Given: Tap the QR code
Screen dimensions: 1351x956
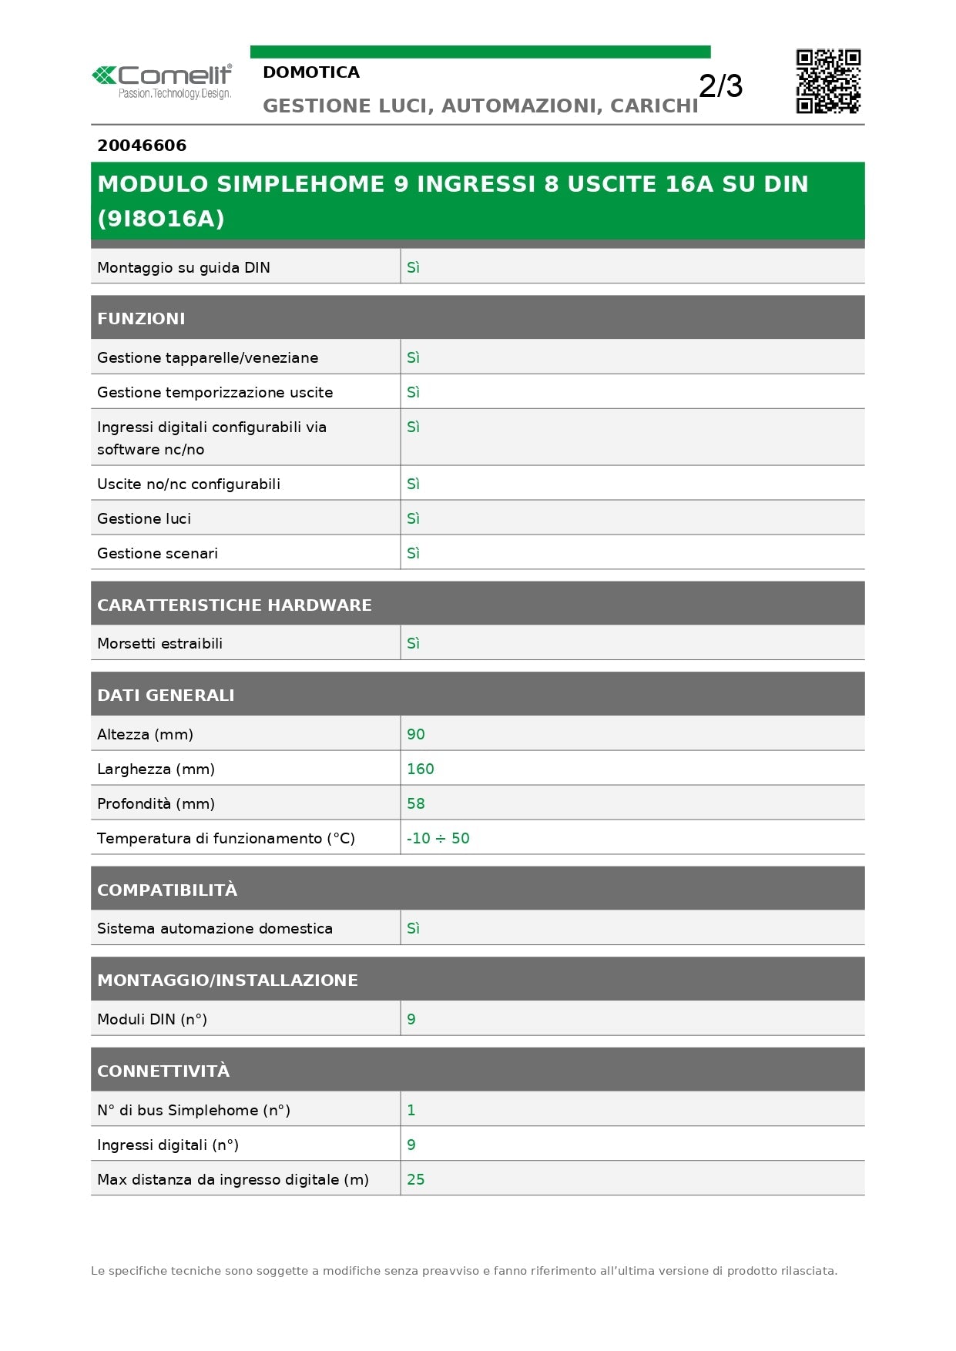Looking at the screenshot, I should [x=828, y=82].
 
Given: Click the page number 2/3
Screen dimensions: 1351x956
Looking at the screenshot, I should [x=720, y=86].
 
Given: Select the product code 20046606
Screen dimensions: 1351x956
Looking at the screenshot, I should [x=142, y=146].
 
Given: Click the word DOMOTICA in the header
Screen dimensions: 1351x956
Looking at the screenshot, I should [x=311, y=72].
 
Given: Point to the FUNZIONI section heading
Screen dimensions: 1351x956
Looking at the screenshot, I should [x=141, y=319].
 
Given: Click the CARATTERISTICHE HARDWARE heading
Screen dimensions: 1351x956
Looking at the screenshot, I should [x=234, y=605].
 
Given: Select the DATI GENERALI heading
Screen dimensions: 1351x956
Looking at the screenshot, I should [x=166, y=696].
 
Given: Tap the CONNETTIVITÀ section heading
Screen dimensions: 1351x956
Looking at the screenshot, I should [x=163, y=1071].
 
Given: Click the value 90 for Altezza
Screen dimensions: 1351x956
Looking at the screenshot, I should [x=416, y=735].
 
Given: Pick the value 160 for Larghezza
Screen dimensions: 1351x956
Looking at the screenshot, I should [x=421, y=769].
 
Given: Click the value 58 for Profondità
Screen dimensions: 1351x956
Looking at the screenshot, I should [x=416, y=804].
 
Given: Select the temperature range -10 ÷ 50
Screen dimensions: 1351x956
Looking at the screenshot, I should [x=438, y=839].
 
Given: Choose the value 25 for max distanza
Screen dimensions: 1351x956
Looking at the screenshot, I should [x=416, y=1180].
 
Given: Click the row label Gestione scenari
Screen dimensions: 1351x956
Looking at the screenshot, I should [x=157, y=554].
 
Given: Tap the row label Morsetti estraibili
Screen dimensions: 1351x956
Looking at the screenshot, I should [x=159, y=644].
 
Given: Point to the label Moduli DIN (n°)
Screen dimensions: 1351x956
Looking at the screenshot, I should [x=152, y=1020].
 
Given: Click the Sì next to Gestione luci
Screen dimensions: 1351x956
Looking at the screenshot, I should [x=413, y=519].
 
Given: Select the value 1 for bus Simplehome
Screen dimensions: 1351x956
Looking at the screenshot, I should [x=411, y=1111].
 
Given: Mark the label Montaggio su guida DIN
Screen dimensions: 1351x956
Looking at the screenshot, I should [x=183, y=268].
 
